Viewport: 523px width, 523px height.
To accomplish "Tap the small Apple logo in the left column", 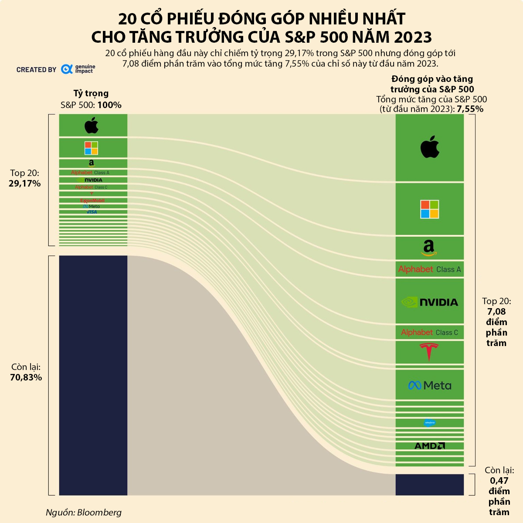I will (x=92, y=125).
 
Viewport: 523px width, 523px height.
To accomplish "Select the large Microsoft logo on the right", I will (x=430, y=209).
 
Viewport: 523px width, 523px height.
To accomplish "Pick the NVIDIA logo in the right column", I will (x=430, y=302).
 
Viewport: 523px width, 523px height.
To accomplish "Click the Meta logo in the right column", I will (x=430, y=385).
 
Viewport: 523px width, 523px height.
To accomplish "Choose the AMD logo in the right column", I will (x=430, y=446).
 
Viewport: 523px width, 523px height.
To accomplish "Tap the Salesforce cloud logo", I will (x=430, y=423).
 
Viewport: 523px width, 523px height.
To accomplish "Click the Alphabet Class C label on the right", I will (x=430, y=333).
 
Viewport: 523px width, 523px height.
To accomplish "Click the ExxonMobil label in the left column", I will (x=92, y=200).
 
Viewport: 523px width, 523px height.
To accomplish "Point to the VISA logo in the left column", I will (x=92, y=212).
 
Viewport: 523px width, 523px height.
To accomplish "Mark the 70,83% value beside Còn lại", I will (x=26, y=377).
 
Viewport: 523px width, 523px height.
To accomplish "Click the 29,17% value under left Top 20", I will (x=25, y=183).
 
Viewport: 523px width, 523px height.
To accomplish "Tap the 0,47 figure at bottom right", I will (x=499, y=481).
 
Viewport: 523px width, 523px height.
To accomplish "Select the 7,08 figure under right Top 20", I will (x=496, y=312).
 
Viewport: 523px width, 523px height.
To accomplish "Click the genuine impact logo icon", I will (x=67, y=69).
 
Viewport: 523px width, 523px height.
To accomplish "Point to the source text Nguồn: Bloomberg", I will (x=84, y=513).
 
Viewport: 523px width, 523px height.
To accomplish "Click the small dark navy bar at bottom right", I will (x=430, y=485).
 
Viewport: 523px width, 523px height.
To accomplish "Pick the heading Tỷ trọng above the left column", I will (x=91, y=93).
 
